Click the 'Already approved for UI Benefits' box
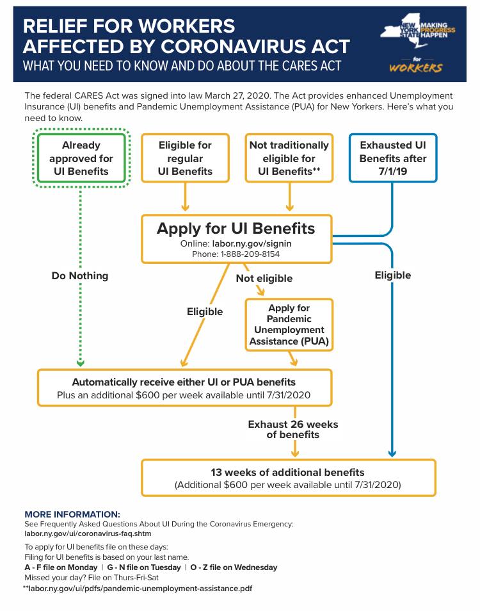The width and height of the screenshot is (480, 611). click(x=81, y=158)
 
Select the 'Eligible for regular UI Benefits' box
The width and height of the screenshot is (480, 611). click(x=185, y=158)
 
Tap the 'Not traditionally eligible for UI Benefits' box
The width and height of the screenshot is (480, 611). click(x=289, y=158)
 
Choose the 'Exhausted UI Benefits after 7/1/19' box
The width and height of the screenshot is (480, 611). click(x=392, y=158)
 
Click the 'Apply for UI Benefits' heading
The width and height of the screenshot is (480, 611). click(x=236, y=229)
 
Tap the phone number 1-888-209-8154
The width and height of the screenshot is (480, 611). click(x=252, y=254)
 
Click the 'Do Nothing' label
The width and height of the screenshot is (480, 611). click(x=80, y=276)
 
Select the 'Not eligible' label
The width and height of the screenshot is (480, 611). click(x=264, y=279)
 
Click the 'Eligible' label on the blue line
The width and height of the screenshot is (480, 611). click(x=393, y=275)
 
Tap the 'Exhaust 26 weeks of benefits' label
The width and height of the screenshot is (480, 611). click(x=293, y=429)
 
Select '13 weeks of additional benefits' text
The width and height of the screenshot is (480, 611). click(x=287, y=473)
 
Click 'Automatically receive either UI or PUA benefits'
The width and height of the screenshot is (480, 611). click(x=184, y=382)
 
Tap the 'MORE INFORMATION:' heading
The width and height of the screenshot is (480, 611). click(x=72, y=514)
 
